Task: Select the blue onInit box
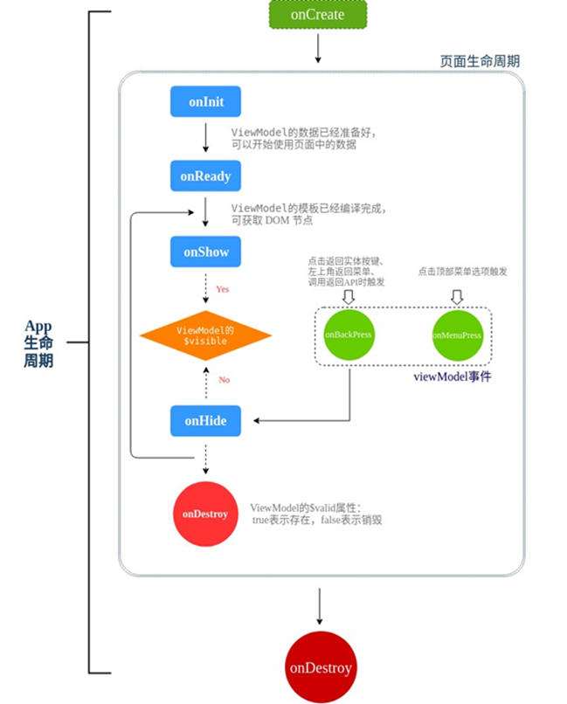coord(205,102)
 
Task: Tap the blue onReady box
coord(205,176)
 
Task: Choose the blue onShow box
coord(205,252)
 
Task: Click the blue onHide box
coord(205,421)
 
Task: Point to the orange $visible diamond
coord(206,335)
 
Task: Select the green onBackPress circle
coord(349,335)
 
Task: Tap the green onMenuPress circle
coord(458,335)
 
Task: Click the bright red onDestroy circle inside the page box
coord(205,514)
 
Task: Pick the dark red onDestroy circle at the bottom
coord(320,668)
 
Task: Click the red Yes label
coord(223,289)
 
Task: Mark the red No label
coord(224,380)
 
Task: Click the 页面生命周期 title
coord(480,61)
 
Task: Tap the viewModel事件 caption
coord(452,377)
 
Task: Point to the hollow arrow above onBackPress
coord(349,297)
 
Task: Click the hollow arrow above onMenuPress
coord(457,297)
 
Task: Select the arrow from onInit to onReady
coord(205,138)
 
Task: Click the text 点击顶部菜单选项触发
coord(462,272)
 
